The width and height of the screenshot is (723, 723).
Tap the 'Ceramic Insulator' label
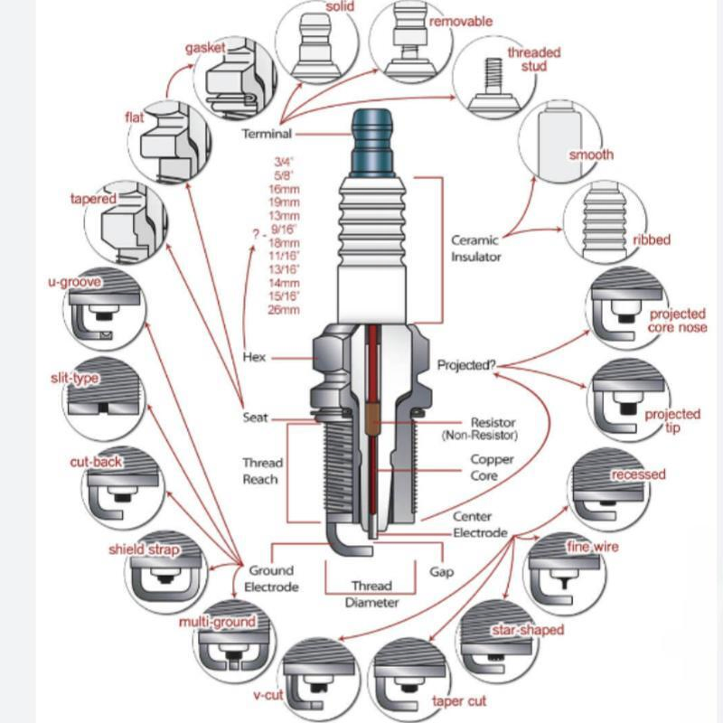point(475,249)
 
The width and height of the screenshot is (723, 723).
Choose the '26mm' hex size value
point(285,310)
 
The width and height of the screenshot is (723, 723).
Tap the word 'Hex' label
point(254,357)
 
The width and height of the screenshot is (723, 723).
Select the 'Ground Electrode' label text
point(271,578)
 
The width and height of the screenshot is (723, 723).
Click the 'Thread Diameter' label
point(371,594)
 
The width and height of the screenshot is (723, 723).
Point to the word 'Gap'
point(441,571)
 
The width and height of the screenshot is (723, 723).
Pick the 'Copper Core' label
point(492,466)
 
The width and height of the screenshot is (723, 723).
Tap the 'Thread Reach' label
point(262,471)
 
